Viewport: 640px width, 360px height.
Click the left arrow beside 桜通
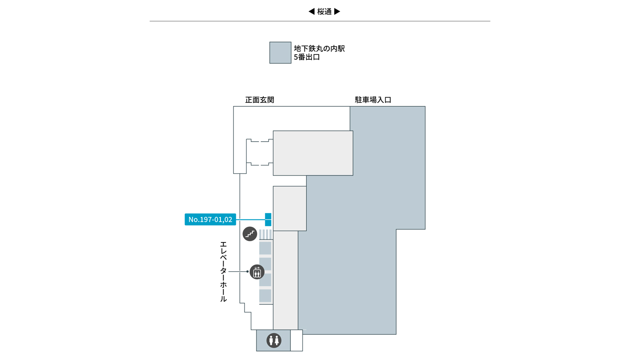(x=312, y=12)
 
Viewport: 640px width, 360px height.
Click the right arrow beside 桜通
(x=337, y=12)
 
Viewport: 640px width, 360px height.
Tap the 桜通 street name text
(x=324, y=12)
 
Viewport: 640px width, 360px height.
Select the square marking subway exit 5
(x=280, y=52)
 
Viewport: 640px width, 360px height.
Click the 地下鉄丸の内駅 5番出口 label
(x=319, y=53)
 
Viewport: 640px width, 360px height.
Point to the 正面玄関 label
(x=260, y=100)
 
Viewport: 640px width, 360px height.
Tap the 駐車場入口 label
(x=373, y=100)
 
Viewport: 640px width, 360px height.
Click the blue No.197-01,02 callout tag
(x=210, y=220)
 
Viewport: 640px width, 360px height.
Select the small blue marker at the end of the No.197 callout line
(x=268, y=220)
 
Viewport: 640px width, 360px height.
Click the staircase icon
(x=250, y=234)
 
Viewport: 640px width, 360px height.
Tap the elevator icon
(x=257, y=272)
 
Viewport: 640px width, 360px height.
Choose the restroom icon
(x=274, y=340)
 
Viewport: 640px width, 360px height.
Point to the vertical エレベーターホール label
(x=223, y=272)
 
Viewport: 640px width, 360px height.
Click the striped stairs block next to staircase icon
(x=266, y=234)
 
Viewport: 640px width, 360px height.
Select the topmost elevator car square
(x=265, y=248)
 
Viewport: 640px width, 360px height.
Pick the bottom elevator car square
(x=265, y=296)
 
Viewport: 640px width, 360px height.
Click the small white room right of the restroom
(x=296, y=340)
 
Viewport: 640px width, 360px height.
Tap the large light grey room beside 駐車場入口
(x=313, y=153)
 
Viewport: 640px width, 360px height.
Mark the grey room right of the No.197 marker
(x=290, y=208)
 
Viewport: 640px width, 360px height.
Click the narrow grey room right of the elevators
(x=286, y=280)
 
